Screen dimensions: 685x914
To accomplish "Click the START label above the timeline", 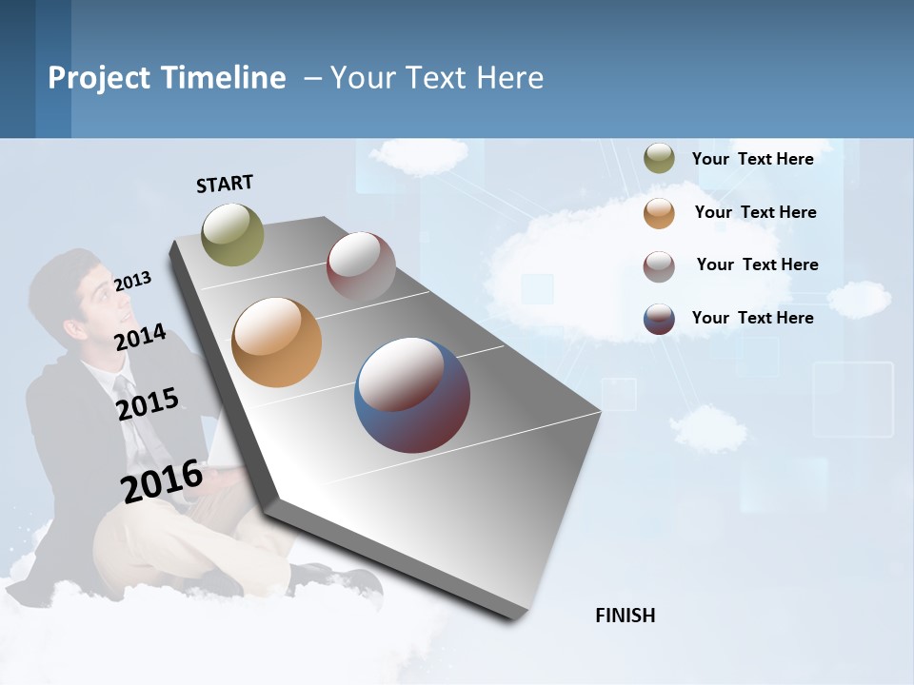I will click(225, 184).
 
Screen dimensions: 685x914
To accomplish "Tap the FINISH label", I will click(625, 616).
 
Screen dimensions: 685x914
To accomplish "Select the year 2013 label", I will click(132, 281).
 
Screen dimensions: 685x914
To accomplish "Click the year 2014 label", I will click(140, 337).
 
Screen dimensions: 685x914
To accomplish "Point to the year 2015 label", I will click(147, 403).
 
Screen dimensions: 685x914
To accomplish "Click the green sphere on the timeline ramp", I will click(232, 234).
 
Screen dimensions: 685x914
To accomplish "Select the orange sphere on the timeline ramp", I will click(276, 342).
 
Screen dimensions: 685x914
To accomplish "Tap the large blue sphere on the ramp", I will click(411, 394).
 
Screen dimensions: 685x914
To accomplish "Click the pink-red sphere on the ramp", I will click(361, 266).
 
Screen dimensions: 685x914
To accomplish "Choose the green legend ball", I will click(659, 159).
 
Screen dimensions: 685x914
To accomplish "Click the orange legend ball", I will click(659, 213).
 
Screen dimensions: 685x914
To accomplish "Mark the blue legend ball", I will click(659, 319).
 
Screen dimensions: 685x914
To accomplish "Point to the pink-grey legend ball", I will click(659, 266).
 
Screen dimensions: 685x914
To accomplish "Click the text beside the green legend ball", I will click(752, 159).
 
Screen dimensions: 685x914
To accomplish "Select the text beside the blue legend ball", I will click(752, 318).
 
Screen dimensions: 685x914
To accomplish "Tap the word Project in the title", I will click(99, 78).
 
